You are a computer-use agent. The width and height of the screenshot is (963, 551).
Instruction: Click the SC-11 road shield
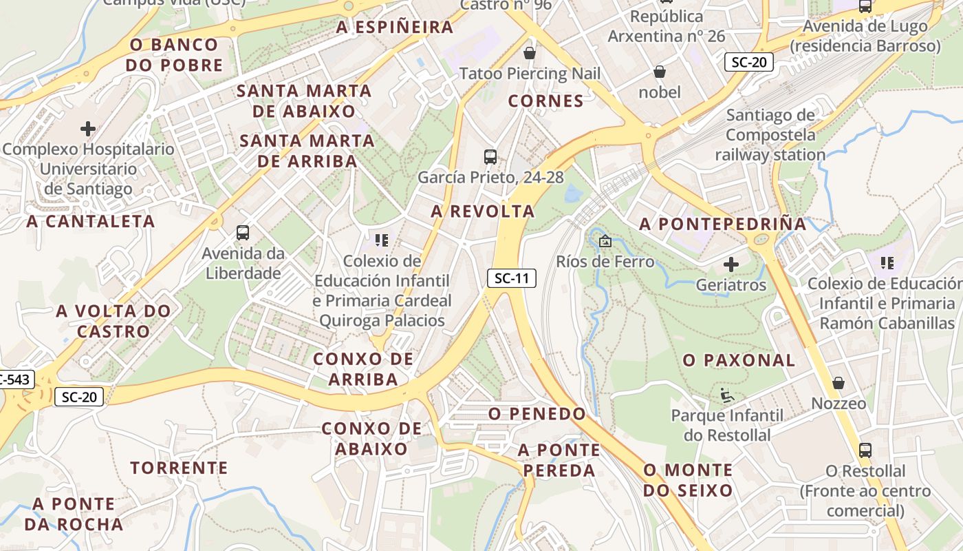(x=512, y=278)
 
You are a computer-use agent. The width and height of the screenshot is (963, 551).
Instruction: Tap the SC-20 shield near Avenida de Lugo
(x=749, y=63)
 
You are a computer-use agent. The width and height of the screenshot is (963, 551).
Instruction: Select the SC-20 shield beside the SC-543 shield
(x=79, y=397)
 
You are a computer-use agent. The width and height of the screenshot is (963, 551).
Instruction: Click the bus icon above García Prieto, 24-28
(x=490, y=157)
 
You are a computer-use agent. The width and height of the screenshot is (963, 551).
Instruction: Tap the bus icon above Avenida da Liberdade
(x=243, y=233)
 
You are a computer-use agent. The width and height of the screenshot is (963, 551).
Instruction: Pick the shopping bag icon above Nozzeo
(x=838, y=383)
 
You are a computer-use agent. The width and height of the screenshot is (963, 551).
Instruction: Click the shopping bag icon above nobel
(x=660, y=72)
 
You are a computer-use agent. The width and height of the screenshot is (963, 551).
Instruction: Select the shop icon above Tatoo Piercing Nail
(x=530, y=53)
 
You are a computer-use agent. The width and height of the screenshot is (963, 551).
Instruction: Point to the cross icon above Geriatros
(x=731, y=264)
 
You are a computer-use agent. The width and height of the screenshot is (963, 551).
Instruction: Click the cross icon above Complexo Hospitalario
(x=88, y=129)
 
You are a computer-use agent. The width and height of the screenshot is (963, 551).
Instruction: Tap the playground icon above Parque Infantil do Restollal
(x=727, y=395)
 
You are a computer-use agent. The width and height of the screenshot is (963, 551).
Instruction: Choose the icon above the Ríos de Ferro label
(x=605, y=242)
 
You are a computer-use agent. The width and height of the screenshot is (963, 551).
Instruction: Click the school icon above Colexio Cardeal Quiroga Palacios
(x=382, y=240)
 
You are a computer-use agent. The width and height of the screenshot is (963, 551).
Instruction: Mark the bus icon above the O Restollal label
(x=865, y=451)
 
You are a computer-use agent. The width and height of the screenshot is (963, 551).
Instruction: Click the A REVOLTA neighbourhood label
(x=483, y=211)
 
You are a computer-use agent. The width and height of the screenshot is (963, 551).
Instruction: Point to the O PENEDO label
(x=537, y=414)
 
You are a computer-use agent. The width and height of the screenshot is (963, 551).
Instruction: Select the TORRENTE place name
(x=179, y=468)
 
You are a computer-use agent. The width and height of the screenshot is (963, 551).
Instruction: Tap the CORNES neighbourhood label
(x=546, y=101)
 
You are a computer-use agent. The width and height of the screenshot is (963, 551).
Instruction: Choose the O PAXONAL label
(x=739, y=360)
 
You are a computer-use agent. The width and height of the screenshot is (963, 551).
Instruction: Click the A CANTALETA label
(x=91, y=221)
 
